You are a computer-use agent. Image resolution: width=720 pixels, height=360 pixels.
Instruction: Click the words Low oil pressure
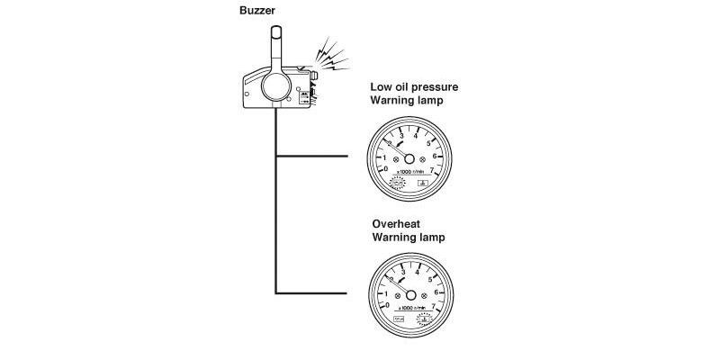coord(416,86)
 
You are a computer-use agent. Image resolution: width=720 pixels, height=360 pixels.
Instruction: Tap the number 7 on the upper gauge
coord(433,168)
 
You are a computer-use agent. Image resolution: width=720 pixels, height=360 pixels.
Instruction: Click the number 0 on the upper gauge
coord(386,168)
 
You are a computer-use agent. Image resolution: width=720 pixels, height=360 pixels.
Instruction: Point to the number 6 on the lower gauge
coord(436,292)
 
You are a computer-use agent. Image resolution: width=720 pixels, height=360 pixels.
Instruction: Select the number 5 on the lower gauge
coord(430,277)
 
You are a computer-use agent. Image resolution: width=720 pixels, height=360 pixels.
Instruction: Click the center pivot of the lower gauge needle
coord(409,296)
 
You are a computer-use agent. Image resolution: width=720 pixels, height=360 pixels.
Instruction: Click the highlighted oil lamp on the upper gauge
coord(397,182)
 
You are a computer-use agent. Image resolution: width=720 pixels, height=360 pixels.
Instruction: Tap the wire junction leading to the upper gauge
coord(275,157)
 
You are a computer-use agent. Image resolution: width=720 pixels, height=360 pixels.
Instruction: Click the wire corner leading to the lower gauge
coord(275,292)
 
